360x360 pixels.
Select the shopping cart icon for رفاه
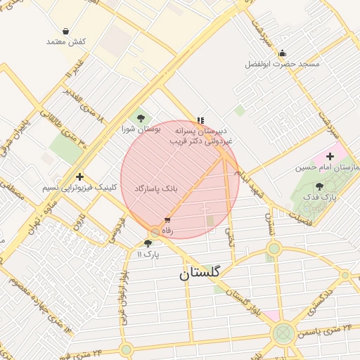[x=167, y=220]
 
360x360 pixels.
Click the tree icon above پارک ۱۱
[x=147, y=243]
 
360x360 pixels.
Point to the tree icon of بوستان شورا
[x=141, y=118]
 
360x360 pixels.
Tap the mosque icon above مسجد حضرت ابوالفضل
[x=282, y=53]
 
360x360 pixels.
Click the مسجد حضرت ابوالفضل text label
[x=282, y=64]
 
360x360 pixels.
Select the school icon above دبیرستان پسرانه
[x=201, y=120]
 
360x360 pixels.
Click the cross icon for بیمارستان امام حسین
[x=330, y=155]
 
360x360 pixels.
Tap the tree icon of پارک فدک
[x=321, y=186]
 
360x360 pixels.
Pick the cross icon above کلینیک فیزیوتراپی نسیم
[x=80, y=176]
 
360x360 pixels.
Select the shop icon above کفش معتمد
[x=65, y=32]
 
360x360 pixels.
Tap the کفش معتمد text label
[x=66, y=42]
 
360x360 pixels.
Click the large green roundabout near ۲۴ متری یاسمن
[x=283, y=332]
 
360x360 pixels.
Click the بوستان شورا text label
[x=141, y=129]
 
